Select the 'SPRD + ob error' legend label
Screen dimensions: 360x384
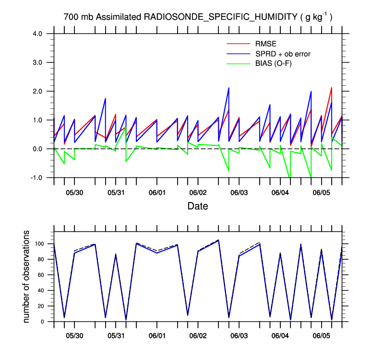pos(283,54)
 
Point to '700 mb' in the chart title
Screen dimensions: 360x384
pos(79,17)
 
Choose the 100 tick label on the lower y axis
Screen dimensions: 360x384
pos(40,244)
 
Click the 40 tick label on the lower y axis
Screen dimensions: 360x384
pos(42,290)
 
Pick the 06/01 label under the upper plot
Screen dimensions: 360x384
pos(157,193)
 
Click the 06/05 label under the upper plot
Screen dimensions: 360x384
pos(322,193)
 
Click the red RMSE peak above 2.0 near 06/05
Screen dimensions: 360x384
pos(332,88)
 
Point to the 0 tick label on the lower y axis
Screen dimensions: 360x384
pos(44,322)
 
